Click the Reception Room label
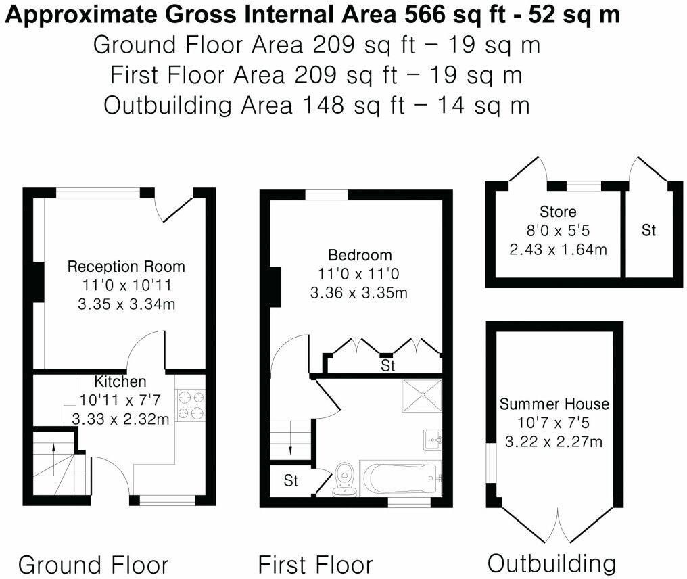point(126,267)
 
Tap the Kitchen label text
point(120,381)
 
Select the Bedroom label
point(359,256)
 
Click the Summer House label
point(554,404)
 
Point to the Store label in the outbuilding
point(558,211)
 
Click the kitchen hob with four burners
point(190,404)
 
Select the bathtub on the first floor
point(401,479)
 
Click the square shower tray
point(421,394)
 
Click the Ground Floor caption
point(93,564)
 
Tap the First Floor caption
point(315,564)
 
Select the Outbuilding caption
point(552,563)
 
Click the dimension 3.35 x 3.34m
point(126,304)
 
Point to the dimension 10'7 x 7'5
point(554,423)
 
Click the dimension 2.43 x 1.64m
point(558,249)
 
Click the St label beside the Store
point(648,231)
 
